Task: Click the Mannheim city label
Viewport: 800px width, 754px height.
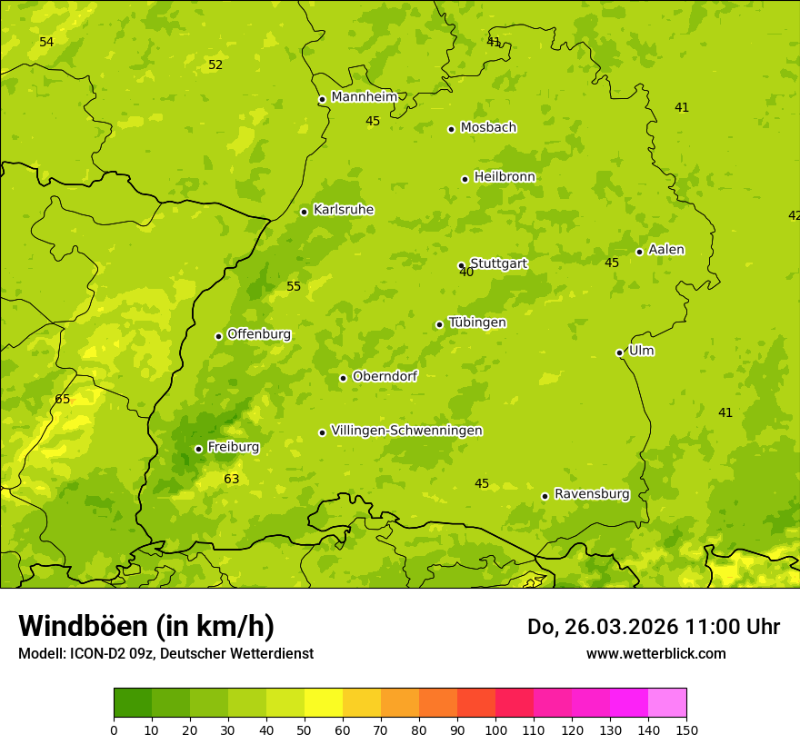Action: click(365, 97)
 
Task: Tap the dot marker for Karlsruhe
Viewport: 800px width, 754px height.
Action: click(304, 212)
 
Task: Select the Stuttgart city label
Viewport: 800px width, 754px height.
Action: click(499, 263)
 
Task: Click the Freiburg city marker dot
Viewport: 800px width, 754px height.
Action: click(198, 449)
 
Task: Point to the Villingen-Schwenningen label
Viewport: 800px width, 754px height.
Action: click(406, 431)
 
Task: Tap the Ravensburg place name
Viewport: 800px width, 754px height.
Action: click(592, 494)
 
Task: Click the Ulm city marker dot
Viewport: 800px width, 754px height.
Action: click(619, 352)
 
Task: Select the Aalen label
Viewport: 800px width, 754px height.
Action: click(666, 250)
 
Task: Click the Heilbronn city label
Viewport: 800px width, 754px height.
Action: click(505, 177)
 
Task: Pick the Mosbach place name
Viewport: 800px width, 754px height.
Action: click(488, 128)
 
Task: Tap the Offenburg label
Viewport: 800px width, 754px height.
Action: click(259, 334)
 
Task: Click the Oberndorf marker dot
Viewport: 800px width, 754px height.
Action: click(343, 378)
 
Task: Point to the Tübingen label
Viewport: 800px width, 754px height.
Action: click(477, 322)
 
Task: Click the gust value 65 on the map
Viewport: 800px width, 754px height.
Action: click(62, 399)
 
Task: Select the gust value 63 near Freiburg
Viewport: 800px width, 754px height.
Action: click(232, 479)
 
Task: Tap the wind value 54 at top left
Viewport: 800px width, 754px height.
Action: click(46, 43)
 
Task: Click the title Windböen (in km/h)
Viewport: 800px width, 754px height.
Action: click(146, 626)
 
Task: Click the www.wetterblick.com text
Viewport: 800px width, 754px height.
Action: click(655, 653)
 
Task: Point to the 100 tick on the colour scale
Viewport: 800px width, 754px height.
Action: click(495, 729)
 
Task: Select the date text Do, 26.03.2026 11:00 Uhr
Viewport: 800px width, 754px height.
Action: click(653, 627)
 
